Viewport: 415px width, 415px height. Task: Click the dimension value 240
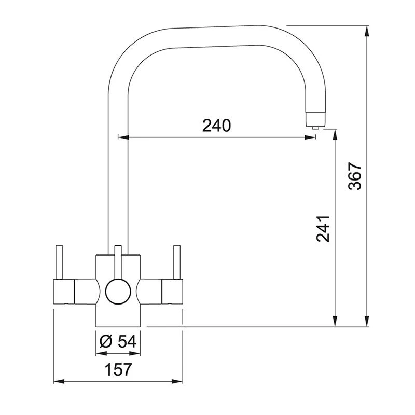pyautogui.click(x=216, y=125)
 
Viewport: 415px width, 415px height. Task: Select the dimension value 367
pyautogui.click(x=354, y=176)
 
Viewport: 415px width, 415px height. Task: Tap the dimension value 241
pyautogui.click(x=323, y=228)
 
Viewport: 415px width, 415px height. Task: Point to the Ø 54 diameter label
pyautogui.click(x=117, y=341)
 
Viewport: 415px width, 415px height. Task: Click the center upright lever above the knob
pyautogui.click(x=118, y=261)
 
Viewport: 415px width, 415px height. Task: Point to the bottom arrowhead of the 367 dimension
pyautogui.click(x=367, y=322)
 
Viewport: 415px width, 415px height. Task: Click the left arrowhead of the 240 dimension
pyautogui.click(x=123, y=137)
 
